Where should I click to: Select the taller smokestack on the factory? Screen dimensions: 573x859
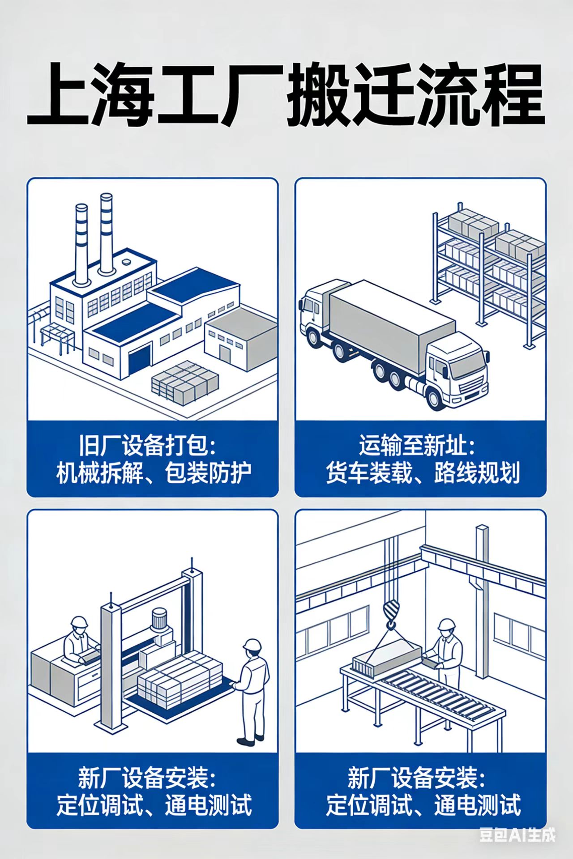click(x=107, y=233)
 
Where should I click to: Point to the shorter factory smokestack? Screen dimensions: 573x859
click(x=81, y=244)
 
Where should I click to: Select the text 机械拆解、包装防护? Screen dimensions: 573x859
click(x=154, y=473)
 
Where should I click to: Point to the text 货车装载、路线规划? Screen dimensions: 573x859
click(x=423, y=473)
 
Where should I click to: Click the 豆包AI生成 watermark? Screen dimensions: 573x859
click(x=517, y=835)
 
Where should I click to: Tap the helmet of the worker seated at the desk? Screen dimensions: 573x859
click(x=79, y=622)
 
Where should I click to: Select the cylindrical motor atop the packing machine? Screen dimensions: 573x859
click(x=159, y=620)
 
